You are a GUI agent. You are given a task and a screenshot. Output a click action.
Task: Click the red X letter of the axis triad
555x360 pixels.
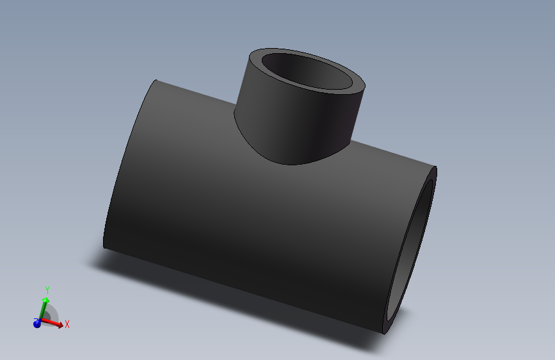(x=67, y=324)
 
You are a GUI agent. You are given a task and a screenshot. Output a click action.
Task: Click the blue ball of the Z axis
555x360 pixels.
(x=37, y=324)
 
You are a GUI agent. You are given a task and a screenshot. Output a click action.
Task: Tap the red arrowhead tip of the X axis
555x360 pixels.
(x=62, y=326)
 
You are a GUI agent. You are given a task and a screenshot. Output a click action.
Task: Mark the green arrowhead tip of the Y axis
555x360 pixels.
(x=46, y=298)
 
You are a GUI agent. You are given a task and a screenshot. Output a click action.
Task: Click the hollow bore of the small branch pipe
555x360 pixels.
(x=307, y=71)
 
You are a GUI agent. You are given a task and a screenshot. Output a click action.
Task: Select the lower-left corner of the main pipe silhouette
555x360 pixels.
(x=104, y=247)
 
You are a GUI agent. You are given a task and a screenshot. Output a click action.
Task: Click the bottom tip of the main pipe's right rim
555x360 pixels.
(x=383, y=334)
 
